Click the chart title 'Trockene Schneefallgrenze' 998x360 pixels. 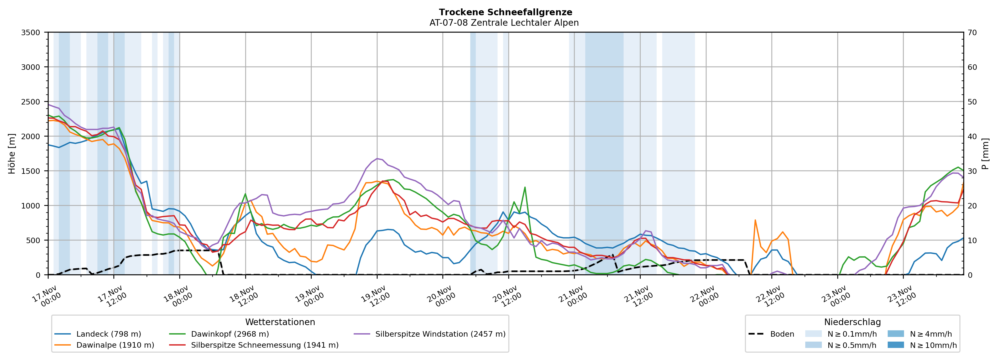505,12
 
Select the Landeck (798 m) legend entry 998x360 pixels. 108,334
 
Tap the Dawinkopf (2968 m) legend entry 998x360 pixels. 230,334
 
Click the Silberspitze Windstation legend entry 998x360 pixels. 440,334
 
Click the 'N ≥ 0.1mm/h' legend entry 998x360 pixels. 851,334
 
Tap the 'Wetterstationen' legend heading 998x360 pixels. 280,322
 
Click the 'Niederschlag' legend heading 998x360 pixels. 852,322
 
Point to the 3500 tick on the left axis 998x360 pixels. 31,33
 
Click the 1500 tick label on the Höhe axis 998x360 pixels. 31,171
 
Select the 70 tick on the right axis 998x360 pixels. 972,33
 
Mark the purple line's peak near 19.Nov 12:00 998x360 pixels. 377,159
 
